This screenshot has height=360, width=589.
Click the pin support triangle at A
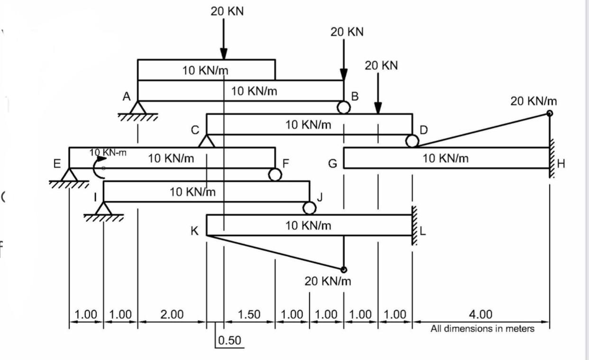click(138, 108)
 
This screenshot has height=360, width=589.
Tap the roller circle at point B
click(344, 107)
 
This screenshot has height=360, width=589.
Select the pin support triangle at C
click(206, 141)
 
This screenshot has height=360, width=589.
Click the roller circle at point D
click(412, 141)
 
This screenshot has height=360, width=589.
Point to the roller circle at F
click(275, 175)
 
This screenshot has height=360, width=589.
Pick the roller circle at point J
click(309, 208)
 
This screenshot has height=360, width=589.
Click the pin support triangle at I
click(104, 208)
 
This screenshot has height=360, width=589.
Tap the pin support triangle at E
click(70, 175)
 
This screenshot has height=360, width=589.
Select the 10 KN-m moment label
click(108, 152)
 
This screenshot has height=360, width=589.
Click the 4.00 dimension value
click(481, 314)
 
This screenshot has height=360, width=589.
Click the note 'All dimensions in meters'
click(482, 329)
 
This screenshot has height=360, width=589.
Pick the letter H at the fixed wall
click(561, 164)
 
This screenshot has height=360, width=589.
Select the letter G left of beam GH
click(333, 164)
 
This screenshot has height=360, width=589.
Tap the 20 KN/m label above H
click(534, 101)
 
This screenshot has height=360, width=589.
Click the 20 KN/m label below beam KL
click(328, 281)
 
